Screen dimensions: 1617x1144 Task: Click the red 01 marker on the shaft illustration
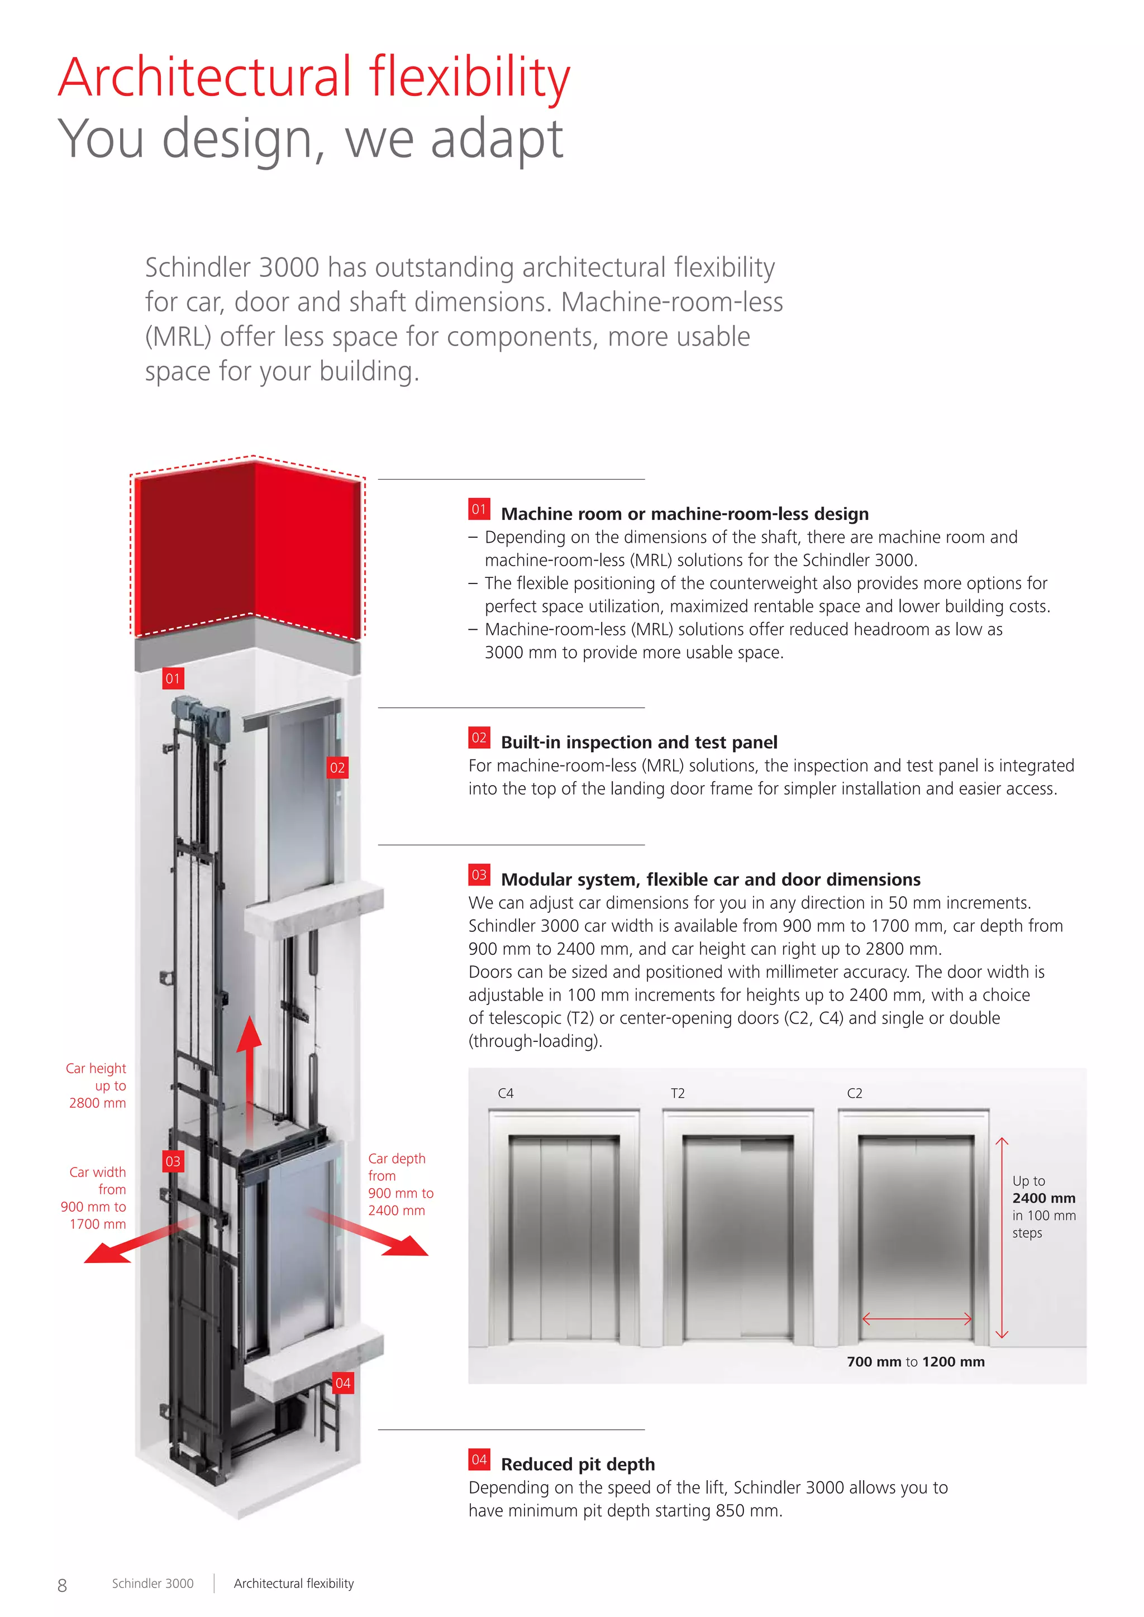173,678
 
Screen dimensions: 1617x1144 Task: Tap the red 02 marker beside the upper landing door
337,768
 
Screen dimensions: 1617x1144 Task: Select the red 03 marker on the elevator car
173,1161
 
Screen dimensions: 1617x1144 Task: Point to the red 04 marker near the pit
343,1383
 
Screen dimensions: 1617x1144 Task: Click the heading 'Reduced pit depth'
578,1464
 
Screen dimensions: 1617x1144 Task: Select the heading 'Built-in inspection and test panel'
639,742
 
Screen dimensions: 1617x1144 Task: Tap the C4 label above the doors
506,1093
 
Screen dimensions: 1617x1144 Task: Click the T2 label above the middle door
678,1093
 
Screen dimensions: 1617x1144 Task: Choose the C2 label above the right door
855,1093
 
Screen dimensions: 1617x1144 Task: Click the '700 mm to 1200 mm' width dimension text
916,1361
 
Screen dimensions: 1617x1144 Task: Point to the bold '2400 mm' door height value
1044,1198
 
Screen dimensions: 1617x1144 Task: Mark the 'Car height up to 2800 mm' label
97,1085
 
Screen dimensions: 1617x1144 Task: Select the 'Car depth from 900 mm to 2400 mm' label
400,1184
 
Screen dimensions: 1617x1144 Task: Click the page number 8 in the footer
62,1585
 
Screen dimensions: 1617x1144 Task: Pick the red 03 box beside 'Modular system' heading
479,875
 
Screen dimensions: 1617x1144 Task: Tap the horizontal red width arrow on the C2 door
917,1318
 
